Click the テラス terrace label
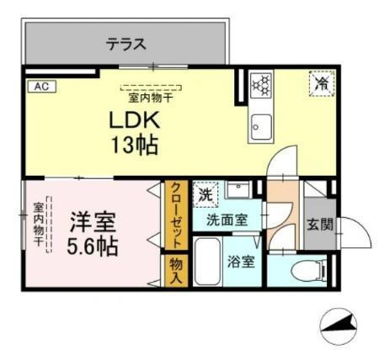coord(126,44)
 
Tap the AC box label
coord(40,86)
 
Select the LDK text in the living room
coord(133,120)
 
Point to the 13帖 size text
coord(133,146)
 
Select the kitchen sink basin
coord(259,130)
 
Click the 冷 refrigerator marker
coord(320,84)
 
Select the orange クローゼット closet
coord(176,216)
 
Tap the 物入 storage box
coord(176,269)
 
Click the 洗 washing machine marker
coord(205,193)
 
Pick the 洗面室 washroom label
coord(228,220)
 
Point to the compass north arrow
coord(340,325)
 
